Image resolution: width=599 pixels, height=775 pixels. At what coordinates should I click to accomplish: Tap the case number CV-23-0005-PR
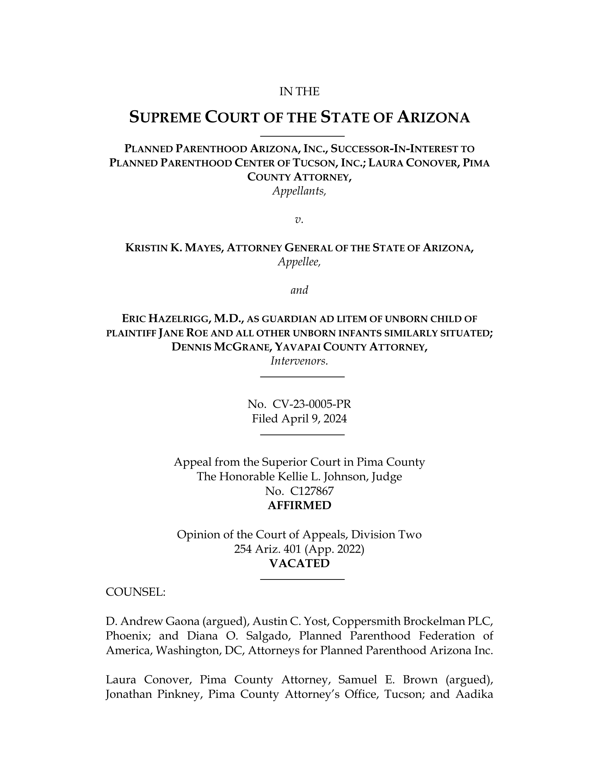(x=311, y=404)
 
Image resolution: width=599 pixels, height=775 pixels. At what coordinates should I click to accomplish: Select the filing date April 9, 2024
(x=314, y=419)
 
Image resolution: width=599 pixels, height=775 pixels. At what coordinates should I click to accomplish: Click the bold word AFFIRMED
(x=299, y=505)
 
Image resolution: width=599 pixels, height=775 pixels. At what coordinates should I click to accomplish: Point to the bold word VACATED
(x=299, y=564)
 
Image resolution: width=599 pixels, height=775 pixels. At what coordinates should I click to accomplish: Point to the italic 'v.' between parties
(x=299, y=220)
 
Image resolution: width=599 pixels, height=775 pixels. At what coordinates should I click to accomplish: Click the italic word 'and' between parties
(x=299, y=290)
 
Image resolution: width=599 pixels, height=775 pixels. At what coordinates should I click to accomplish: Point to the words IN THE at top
(x=299, y=92)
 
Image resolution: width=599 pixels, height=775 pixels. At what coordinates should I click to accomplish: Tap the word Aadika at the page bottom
(x=474, y=694)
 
